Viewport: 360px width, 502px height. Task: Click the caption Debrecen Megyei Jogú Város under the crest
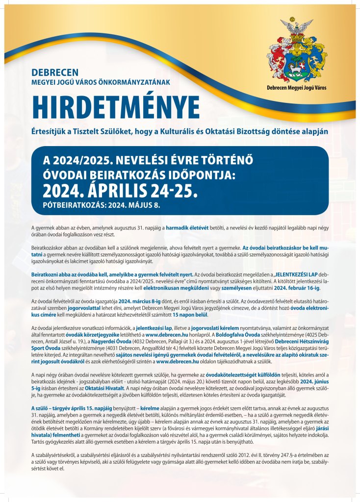296,88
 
